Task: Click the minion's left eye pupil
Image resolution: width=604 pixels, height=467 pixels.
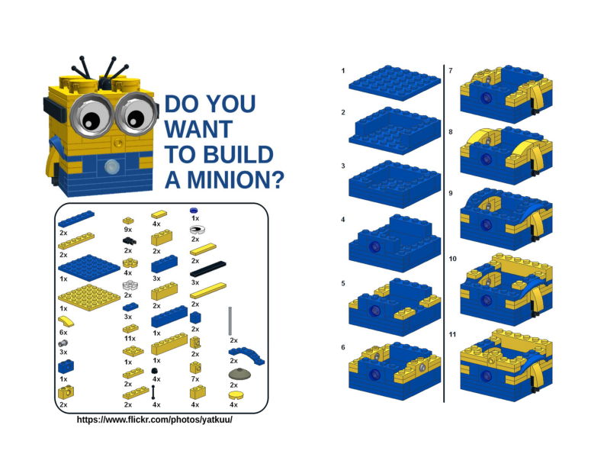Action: tap(88, 120)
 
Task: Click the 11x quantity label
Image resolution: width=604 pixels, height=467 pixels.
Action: tap(129, 337)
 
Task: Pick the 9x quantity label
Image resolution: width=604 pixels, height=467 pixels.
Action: tap(129, 228)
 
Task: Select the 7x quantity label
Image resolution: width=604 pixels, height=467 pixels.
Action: tap(194, 378)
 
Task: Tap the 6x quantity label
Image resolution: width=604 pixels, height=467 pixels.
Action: tap(63, 333)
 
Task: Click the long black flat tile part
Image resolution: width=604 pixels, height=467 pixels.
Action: tap(208, 269)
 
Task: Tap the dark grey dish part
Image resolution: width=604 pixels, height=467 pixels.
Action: tap(239, 374)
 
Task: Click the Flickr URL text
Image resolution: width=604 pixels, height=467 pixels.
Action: tap(154, 420)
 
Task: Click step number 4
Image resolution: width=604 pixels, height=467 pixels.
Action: tap(343, 221)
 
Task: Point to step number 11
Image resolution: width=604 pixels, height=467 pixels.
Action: tap(452, 335)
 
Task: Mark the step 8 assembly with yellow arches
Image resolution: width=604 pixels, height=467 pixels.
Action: tap(506, 151)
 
